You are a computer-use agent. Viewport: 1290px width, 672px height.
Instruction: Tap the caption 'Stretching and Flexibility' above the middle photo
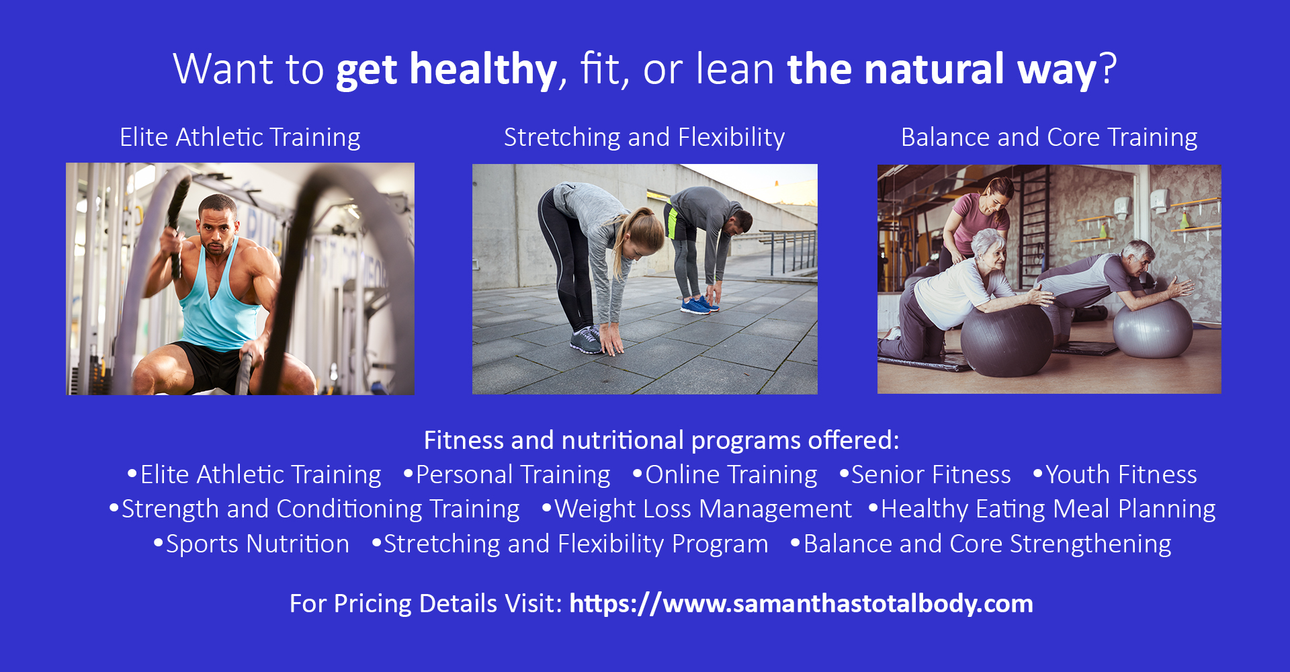644,137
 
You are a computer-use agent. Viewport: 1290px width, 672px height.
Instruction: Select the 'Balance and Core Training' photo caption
1049,137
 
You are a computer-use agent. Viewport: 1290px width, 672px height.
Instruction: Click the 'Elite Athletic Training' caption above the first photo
240,137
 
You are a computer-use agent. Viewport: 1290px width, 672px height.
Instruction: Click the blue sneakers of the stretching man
699,306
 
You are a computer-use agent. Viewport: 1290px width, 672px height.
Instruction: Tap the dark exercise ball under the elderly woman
1006,339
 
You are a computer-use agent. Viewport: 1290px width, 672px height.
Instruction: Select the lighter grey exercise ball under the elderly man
1152,328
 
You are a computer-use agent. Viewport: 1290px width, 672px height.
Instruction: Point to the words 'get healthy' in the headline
446,69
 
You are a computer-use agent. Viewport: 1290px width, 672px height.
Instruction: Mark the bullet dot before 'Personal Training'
407,473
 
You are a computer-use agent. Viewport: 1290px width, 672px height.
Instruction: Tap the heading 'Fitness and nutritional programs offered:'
661,440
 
